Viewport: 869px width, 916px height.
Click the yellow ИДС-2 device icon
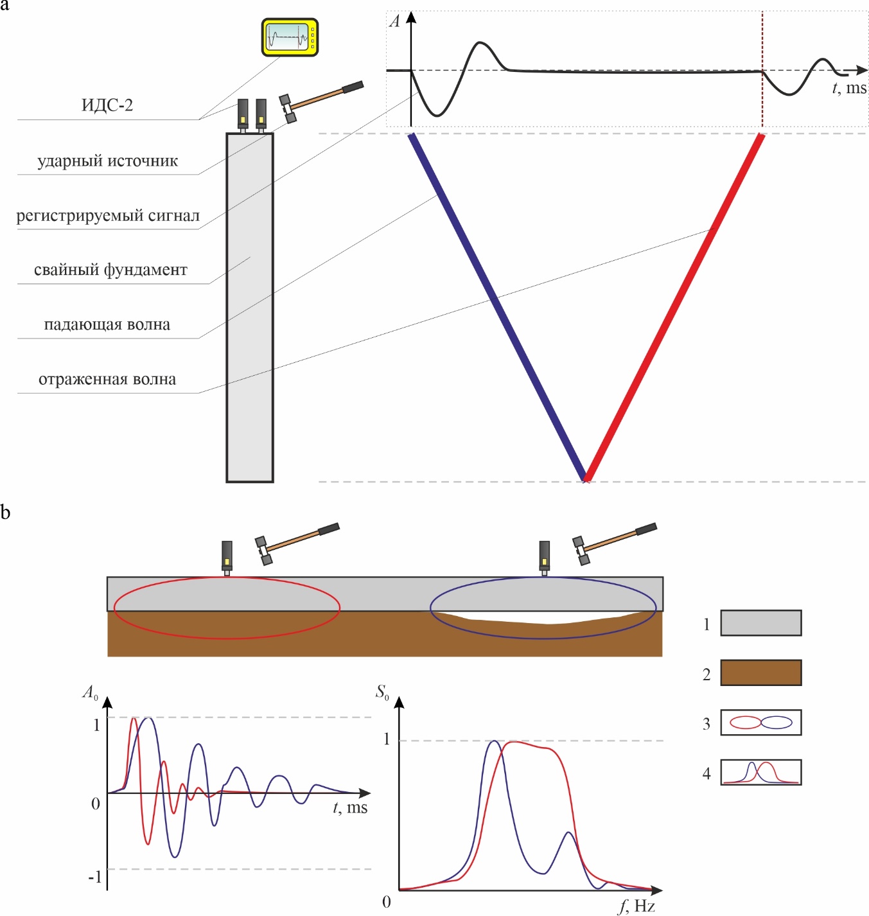[x=290, y=37]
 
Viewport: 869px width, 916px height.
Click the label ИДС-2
[x=107, y=105]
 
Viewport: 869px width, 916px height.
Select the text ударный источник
[x=107, y=161]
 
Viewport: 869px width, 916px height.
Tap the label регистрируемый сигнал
[x=108, y=216]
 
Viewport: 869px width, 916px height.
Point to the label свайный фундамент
[x=110, y=270]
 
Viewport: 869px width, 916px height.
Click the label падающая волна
[x=107, y=324]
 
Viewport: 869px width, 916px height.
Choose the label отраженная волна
[x=107, y=379]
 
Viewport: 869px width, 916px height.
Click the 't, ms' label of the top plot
[x=849, y=88]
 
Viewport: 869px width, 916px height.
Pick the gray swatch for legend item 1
[x=760, y=622]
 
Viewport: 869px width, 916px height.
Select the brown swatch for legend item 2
[x=760, y=673]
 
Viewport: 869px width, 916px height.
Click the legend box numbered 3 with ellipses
[x=760, y=723]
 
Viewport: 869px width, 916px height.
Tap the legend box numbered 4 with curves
[x=760, y=772]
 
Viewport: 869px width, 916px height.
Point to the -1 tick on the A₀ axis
[x=94, y=877]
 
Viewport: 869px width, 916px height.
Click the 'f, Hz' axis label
[x=636, y=906]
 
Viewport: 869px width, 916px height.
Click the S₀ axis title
[x=382, y=692]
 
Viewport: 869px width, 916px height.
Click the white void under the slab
[x=546, y=618]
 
